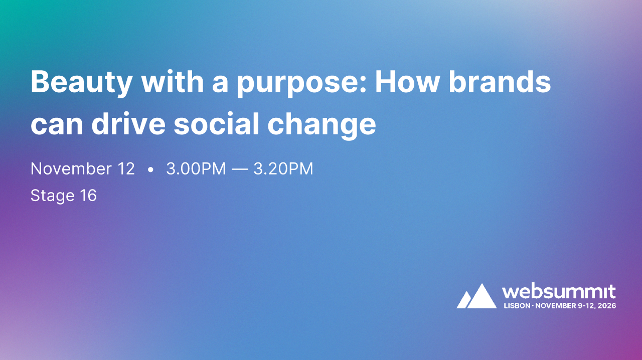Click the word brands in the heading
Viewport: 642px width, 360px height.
[500, 82]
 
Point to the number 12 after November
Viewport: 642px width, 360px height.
[125, 169]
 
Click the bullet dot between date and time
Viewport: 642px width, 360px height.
[150, 170]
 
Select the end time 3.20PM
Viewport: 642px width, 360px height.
[283, 169]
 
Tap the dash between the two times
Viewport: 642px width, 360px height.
[240, 169]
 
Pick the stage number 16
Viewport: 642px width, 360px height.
[88, 195]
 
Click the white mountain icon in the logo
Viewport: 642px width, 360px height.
[476, 297]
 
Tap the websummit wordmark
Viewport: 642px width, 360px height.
[559, 292]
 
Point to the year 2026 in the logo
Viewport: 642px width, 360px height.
[606, 305]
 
